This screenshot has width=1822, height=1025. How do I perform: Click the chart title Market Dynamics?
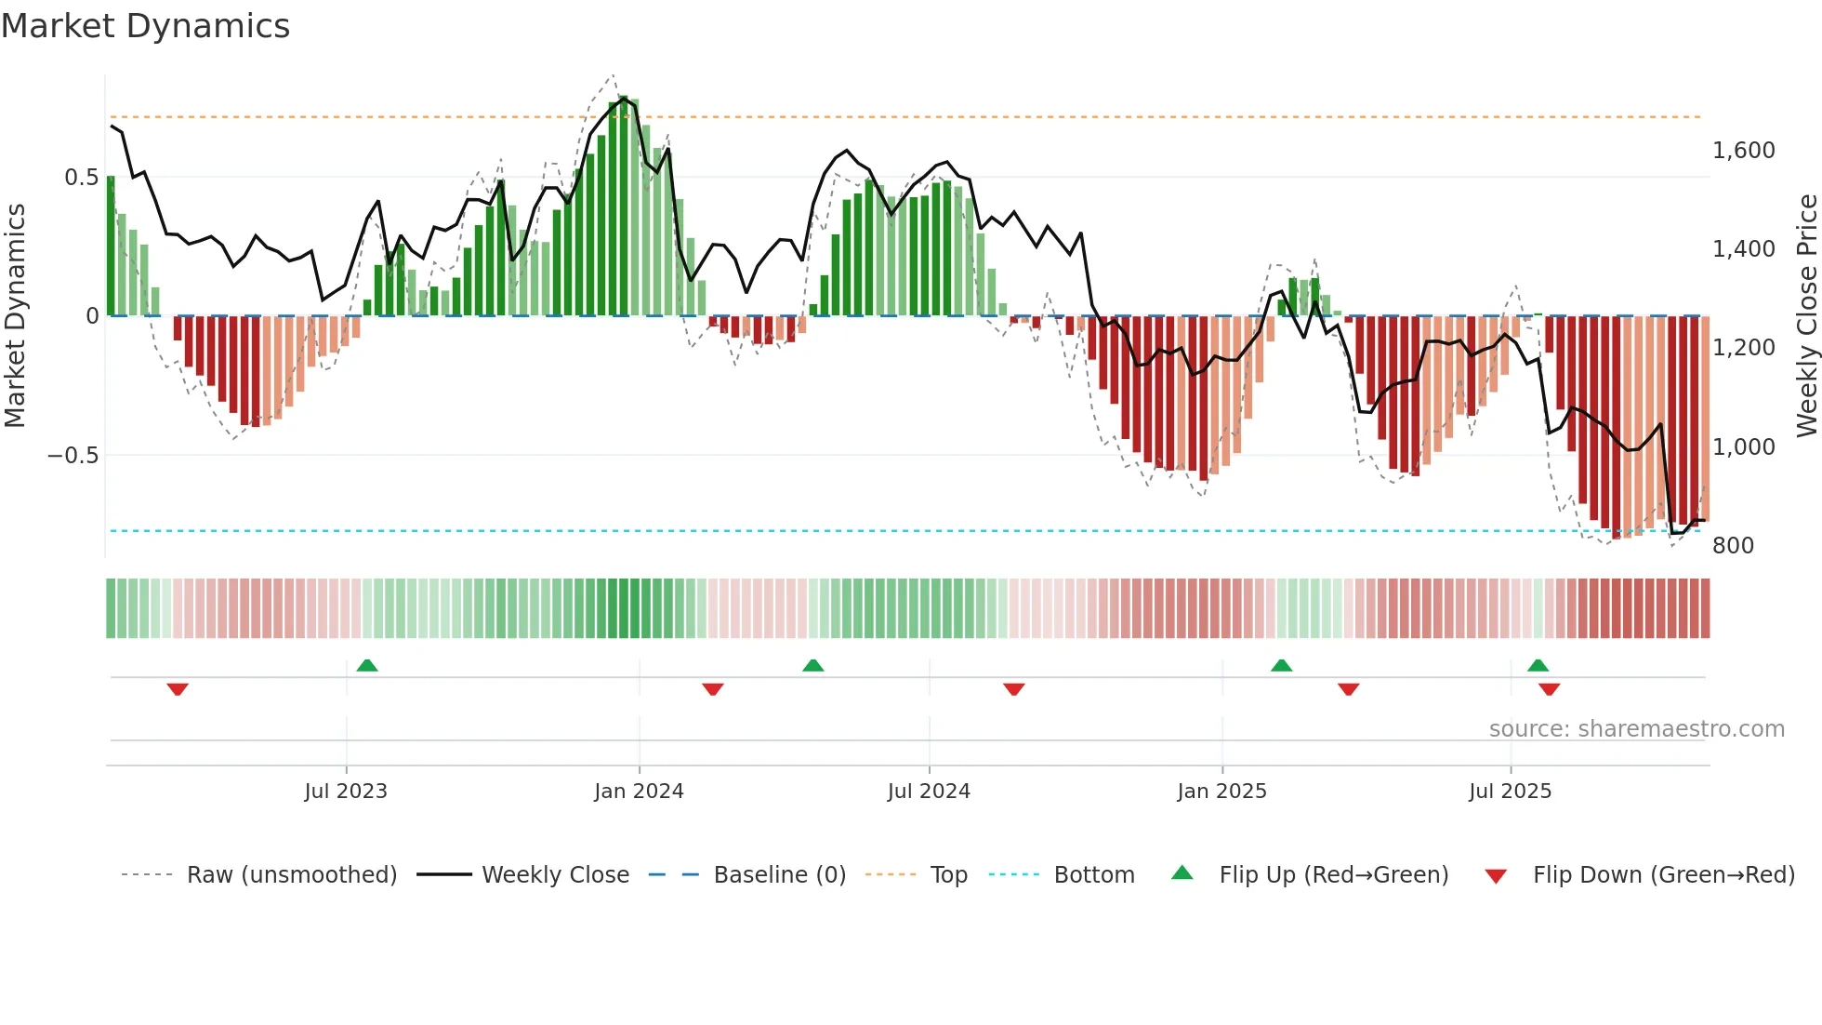pos(145,26)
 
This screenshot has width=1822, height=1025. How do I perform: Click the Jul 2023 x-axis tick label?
pos(346,792)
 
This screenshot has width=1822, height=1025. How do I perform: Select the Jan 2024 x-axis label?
pos(639,792)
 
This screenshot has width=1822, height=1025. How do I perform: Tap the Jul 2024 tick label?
pos(929,792)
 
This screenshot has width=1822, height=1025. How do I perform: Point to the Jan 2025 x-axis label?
pos(1221,792)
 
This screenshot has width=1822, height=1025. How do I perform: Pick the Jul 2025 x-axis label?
pos(1511,792)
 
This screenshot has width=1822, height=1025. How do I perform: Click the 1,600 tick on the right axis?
pos(1743,151)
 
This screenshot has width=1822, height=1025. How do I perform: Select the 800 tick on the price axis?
pos(1733,546)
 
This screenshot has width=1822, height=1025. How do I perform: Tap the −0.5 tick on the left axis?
pos(73,456)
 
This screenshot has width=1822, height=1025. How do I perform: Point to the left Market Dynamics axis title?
pos(15,316)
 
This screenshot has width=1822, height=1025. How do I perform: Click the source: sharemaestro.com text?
pos(1636,729)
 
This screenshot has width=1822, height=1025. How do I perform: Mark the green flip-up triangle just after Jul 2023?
pos(367,666)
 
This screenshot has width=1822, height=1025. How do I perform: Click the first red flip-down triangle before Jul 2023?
pos(178,689)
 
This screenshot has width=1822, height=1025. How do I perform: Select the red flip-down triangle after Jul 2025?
pos(1549,689)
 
